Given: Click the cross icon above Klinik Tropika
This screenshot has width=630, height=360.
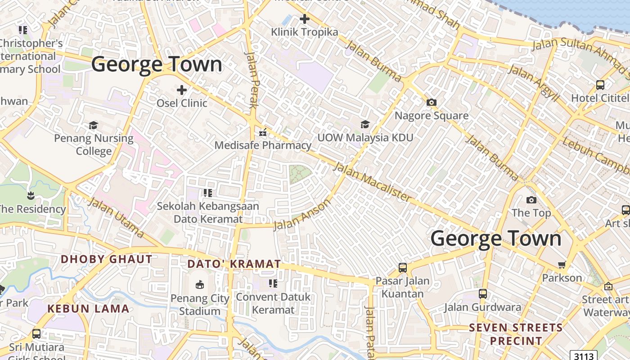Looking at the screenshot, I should click(x=305, y=19).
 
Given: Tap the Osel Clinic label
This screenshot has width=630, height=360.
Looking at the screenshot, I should click(x=182, y=103).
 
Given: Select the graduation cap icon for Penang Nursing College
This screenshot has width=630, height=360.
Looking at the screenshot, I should click(x=94, y=125).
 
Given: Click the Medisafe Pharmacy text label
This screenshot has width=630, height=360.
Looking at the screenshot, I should click(x=263, y=145).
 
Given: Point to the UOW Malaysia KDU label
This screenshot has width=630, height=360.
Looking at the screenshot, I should click(x=365, y=137).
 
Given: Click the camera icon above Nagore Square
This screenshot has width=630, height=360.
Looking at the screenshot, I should click(x=432, y=103).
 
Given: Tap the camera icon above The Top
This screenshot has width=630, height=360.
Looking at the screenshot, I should click(x=531, y=200).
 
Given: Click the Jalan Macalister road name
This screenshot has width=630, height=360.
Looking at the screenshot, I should click(x=372, y=182).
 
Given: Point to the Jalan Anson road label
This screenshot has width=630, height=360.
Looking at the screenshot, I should click(x=301, y=215).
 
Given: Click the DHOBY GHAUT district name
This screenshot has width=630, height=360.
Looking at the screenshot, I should click(x=107, y=259).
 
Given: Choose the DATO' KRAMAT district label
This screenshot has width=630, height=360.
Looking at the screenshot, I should click(x=234, y=264).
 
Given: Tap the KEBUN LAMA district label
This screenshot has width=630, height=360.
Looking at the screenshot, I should click(x=88, y=309).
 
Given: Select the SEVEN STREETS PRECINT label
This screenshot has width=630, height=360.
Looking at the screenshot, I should click(x=516, y=334).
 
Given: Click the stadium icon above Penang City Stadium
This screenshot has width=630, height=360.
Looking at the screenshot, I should click(x=200, y=284).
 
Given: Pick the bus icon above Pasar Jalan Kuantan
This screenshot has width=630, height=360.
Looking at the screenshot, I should click(x=403, y=268).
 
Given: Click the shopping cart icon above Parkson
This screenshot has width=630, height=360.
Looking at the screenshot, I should click(x=562, y=265).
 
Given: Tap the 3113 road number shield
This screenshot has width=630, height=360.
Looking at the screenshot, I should click(x=583, y=355).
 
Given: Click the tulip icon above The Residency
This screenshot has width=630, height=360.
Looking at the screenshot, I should click(x=31, y=195).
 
